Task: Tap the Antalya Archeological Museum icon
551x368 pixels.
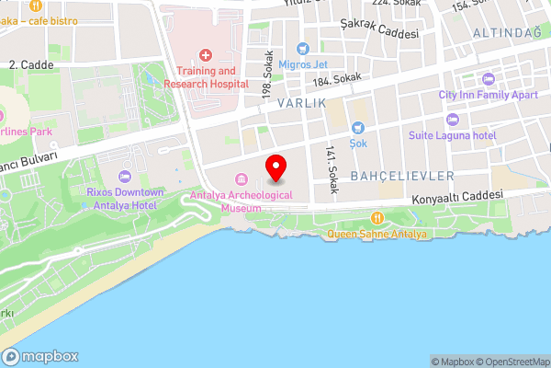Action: click(241, 178)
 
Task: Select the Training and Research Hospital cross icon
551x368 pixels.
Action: click(206, 55)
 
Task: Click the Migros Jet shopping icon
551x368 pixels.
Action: click(301, 49)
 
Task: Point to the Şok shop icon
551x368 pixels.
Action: click(357, 128)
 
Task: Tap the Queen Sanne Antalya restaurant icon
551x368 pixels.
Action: click(377, 218)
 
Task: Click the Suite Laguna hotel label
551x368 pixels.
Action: click(453, 135)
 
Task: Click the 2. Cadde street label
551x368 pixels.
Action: click(30, 65)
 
